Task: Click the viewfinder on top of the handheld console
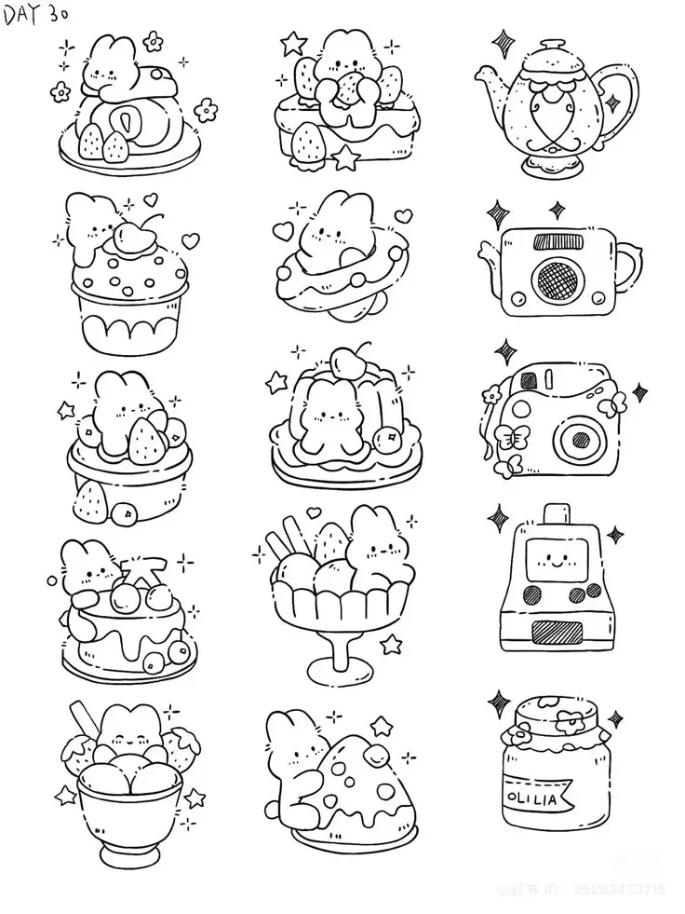point(556,513)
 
